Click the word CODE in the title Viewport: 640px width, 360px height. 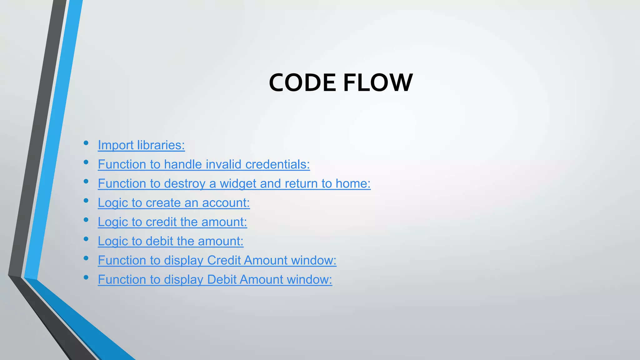302,83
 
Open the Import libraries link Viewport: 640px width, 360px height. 141,145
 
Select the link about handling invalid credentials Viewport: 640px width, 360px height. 204,164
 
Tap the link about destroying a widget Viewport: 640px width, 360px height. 234,183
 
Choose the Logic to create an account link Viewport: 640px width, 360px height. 174,203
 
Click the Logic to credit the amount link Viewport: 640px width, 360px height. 172,222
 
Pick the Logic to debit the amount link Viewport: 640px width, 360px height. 170,241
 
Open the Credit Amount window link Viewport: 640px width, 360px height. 217,260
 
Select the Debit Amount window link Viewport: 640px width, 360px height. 215,279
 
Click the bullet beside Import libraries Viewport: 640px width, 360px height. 86,143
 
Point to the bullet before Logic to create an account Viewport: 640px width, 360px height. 86,201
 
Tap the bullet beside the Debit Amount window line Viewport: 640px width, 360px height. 86,277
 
